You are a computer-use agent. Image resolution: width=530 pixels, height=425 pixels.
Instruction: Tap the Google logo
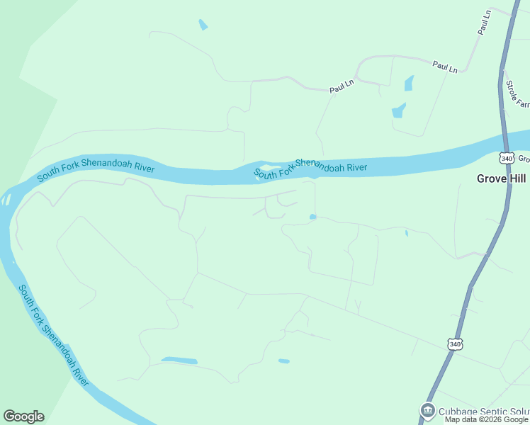(23, 416)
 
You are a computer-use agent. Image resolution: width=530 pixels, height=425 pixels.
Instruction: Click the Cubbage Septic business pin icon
(427, 410)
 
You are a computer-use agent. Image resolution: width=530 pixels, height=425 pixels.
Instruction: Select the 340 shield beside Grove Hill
(505, 158)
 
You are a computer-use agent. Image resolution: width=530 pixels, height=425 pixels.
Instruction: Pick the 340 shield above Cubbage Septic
(455, 344)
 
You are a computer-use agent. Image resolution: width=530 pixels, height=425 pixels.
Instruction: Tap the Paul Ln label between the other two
(445, 67)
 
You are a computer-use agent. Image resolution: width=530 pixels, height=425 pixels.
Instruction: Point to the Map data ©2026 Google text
(486, 420)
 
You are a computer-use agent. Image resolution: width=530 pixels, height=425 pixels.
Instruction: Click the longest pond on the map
(179, 361)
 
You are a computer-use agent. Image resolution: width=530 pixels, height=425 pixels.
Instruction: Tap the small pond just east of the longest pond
(284, 361)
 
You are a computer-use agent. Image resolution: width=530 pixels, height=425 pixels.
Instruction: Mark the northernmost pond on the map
(203, 25)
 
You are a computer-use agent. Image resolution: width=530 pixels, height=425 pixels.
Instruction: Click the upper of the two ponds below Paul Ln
(409, 84)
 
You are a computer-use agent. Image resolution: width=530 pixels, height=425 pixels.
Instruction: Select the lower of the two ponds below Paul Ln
(398, 110)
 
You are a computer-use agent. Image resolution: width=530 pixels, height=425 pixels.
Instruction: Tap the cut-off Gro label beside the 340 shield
(523, 159)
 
